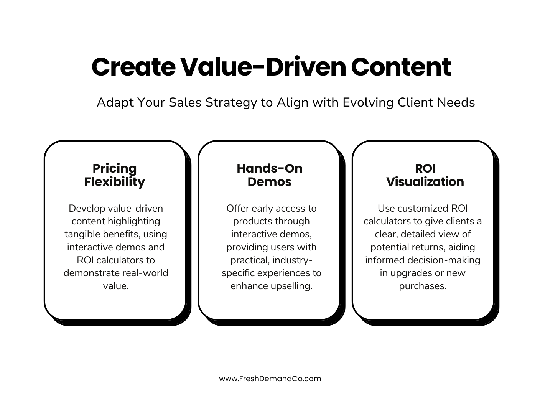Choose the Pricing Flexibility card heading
click(115, 175)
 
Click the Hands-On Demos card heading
click(270, 175)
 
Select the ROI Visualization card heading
click(425, 175)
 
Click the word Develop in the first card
click(87, 208)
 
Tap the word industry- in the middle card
click(293, 260)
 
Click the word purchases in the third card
click(423, 286)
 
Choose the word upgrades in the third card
click(411, 273)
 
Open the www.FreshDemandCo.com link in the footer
click(270, 379)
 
